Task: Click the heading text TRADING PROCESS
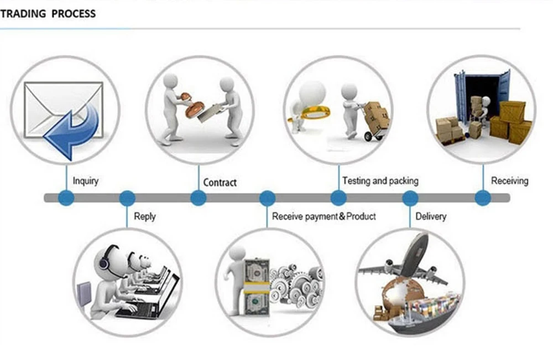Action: click(48, 13)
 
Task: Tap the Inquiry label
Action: click(86, 181)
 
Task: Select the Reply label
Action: click(145, 216)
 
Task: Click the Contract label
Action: click(220, 182)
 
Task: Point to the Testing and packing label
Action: click(380, 181)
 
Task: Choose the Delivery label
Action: click(431, 216)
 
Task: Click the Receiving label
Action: click(509, 180)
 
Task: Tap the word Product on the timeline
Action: click(361, 216)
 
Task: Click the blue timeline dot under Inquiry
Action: click(66, 198)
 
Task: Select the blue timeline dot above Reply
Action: click(127, 198)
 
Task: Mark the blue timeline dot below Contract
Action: click(198, 198)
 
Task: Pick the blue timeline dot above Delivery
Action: click(410, 198)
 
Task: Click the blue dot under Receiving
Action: click(482, 198)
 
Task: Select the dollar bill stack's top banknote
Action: click(256, 272)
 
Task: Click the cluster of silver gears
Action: click(296, 282)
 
